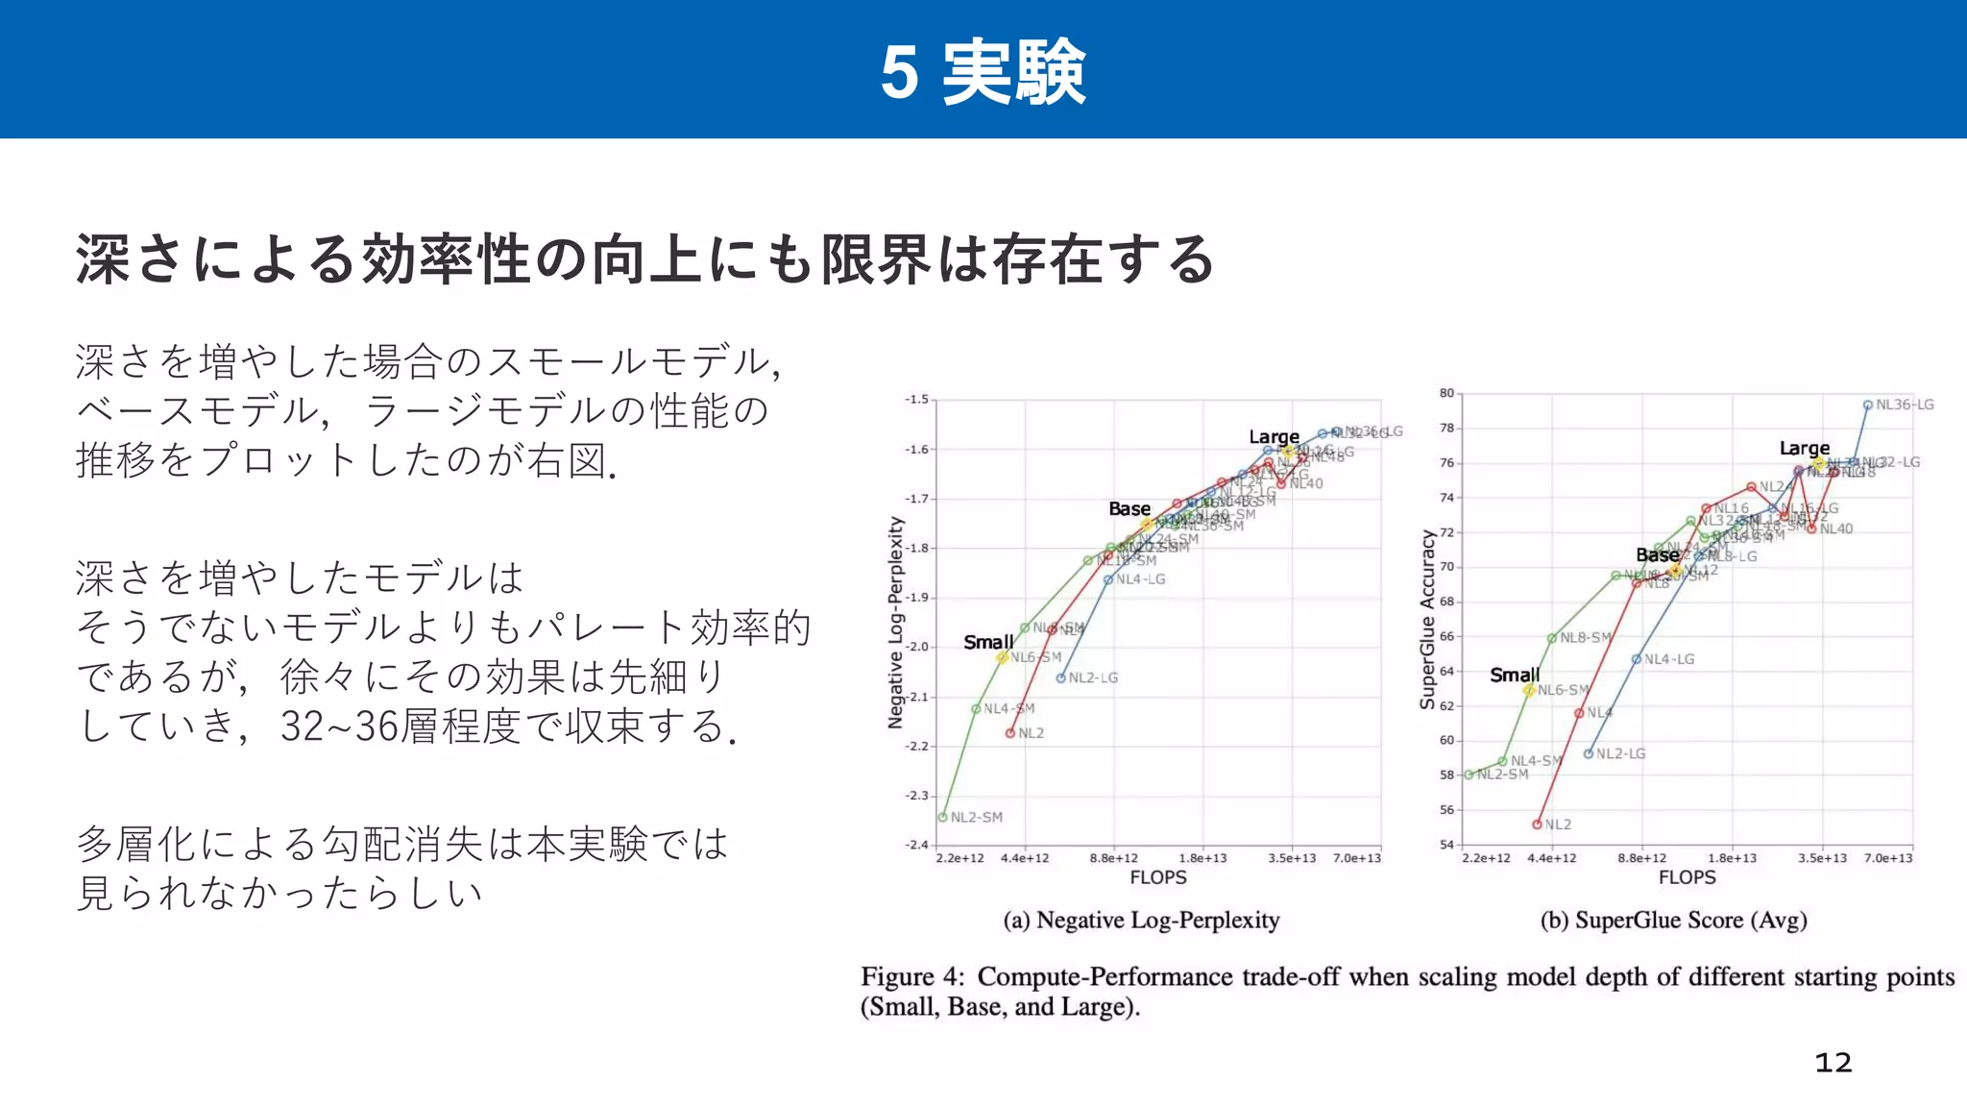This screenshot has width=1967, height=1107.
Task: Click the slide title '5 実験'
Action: tap(983, 72)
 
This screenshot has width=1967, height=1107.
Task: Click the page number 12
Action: tap(1833, 1063)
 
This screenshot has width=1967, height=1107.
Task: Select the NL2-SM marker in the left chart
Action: tap(943, 817)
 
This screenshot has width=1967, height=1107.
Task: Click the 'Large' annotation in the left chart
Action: tap(1274, 437)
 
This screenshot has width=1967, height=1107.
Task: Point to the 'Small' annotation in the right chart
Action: tap(1514, 676)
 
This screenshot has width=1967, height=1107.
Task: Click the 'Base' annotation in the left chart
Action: tap(1129, 509)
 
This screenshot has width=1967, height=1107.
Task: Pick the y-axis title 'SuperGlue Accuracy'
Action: tap(1427, 620)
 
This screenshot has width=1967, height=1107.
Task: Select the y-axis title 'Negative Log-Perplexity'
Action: tap(896, 623)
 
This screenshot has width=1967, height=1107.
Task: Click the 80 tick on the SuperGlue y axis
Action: tap(1446, 393)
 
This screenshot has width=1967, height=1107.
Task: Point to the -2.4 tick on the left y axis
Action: tap(916, 845)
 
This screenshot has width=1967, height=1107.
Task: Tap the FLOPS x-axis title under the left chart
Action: tap(1157, 877)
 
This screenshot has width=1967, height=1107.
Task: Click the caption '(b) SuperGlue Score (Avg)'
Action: tap(1673, 921)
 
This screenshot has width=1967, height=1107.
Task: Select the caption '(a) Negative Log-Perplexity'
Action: tap(1141, 921)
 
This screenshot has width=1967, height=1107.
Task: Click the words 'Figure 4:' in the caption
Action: tap(912, 977)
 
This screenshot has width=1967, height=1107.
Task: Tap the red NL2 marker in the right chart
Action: tap(1538, 824)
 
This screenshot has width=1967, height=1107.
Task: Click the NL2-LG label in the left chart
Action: tap(1093, 677)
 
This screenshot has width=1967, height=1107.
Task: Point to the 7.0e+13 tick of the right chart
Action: tap(1887, 858)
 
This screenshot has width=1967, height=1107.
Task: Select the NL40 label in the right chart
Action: tap(1835, 529)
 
